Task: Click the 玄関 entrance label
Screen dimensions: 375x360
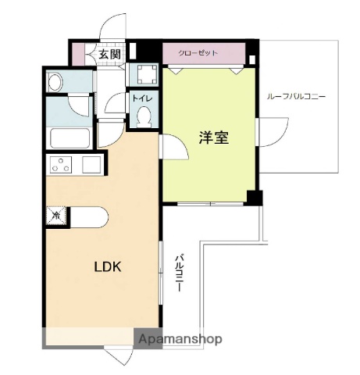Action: coord(109,54)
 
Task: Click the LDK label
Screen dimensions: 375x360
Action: coord(108,266)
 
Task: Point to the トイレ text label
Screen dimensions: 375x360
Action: coord(141,98)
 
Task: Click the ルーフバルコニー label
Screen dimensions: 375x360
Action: coord(296,96)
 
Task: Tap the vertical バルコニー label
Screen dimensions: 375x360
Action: coord(179,273)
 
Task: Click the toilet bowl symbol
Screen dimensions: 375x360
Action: coord(143,116)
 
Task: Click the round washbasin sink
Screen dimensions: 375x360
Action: coord(55,81)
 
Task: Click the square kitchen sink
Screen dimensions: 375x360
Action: coord(91,165)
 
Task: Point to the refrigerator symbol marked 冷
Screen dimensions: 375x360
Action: coord(56,213)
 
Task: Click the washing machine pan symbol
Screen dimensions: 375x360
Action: coord(145,75)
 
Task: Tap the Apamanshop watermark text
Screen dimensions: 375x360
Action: coord(180,339)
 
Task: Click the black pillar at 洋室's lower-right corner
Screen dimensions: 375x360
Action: coord(251,197)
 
